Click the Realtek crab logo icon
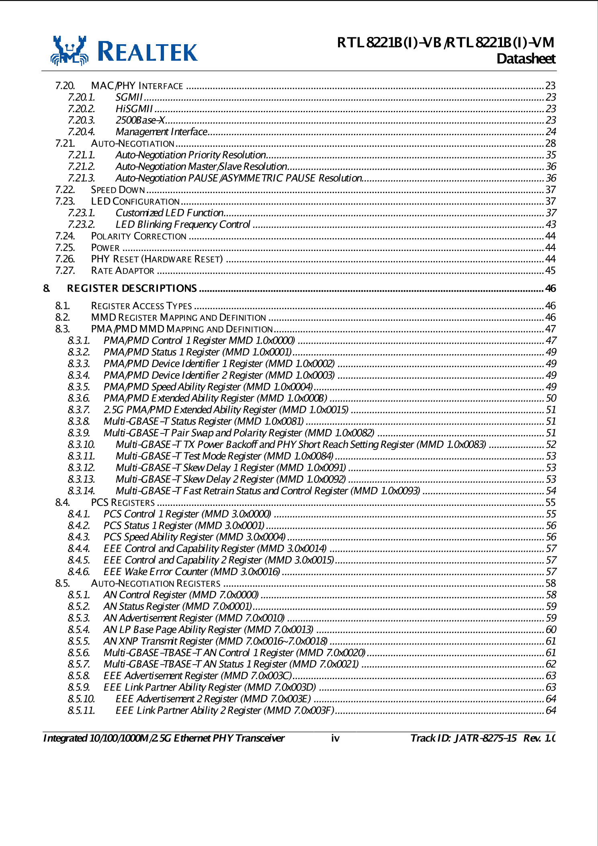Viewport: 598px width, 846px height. tap(70, 51)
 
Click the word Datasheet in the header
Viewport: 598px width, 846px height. tap(526, 59)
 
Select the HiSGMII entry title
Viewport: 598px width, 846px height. tap(134, 109)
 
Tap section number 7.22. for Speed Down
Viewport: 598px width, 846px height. tap(65, 190)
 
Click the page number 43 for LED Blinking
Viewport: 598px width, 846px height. tap(551, 224)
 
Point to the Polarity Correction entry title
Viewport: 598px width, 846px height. tap(139, 236)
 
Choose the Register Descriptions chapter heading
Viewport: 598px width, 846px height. tap(132, 288)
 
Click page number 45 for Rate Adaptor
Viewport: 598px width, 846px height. tap(550, 271)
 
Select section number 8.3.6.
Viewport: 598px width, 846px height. tap(79, 398)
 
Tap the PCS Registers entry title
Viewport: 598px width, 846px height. tap(123, 503)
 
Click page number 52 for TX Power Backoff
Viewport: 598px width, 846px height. tap(551, 444)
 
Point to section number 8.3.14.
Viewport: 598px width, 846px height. tap(81, 491)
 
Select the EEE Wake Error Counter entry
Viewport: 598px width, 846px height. tap(191, 572)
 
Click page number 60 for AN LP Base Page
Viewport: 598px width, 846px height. tap(551, 630)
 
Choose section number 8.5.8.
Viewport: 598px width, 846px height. tap(79, 676)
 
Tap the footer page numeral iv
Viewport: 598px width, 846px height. tap(335, 738)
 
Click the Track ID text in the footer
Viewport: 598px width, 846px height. tap(463, 738)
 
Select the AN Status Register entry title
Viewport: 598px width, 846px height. tap(177, 606)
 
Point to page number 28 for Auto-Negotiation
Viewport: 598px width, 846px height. tap(550, 144)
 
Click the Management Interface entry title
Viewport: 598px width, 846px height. tap(161, 132)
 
